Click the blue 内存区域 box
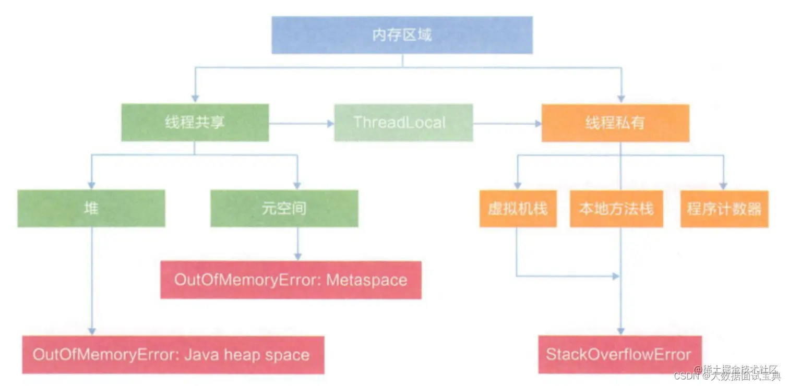tap(402, 35)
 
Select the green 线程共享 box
tap(195, 123)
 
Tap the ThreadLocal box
tap(403, 123)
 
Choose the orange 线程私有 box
tap(615, 123)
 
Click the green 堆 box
tap(91, 208)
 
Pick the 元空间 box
tap(284, 208)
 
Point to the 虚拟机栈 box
tap(518, 208)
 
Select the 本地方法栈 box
tap(616, 208)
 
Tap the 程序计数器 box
tap(724, 208)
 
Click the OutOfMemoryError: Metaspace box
tap(291, 280)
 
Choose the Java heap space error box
tap(173, 355)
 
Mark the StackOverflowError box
tap(618, 355)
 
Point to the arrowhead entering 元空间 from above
tap(297, 185)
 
